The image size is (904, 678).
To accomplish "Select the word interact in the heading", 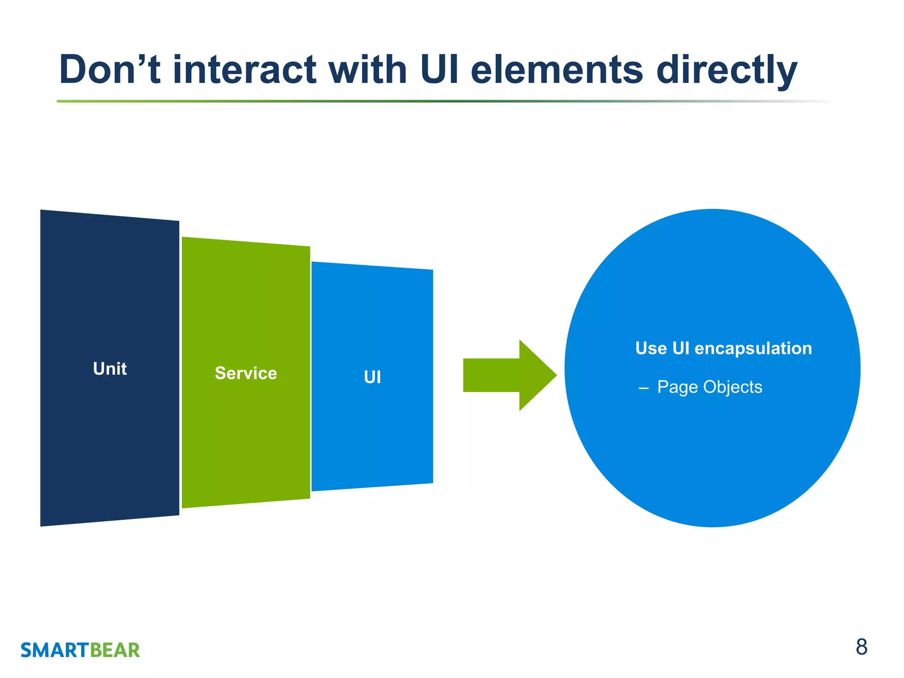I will [x=245, y=70].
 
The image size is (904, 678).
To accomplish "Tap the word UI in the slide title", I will [x=441, y=70].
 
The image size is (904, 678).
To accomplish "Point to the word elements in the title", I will [x=557, y=70].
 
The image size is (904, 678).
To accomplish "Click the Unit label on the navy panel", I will [x=110, y=369].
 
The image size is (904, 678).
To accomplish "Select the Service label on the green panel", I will [x=246, y=373].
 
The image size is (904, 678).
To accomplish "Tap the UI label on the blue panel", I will [x=372, y=377].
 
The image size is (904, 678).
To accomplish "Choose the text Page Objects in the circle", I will [x=709, y=387].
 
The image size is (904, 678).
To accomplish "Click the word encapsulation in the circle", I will [x=753, y=349].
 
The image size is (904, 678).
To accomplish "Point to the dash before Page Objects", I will [x=644, y=388].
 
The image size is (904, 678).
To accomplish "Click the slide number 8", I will [x=861, y=647].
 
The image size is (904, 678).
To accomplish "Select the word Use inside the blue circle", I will [x=651, y=348].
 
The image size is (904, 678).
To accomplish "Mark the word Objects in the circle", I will [x=733, y=387].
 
